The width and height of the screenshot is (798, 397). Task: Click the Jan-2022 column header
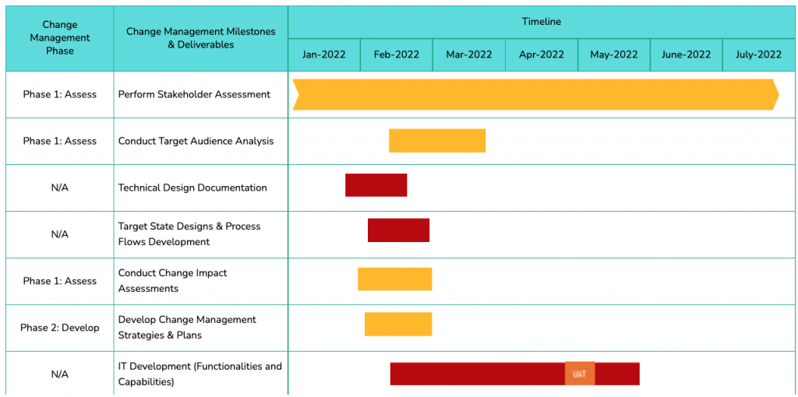[323, 54]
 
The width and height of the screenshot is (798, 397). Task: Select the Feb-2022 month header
[396, 54]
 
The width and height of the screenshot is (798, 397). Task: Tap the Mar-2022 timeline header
[468, 54]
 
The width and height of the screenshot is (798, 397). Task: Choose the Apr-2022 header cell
[541, 54]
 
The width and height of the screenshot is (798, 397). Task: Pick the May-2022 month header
[613, 54]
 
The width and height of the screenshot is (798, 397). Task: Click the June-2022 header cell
[686, 54]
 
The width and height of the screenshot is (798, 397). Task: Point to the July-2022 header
[758, 54]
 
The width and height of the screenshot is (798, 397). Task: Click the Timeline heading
[541, 22]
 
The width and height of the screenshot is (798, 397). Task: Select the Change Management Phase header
[60, 38]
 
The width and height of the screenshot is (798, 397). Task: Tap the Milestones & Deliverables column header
[200, 38]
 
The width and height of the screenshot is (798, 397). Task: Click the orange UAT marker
[579, 374]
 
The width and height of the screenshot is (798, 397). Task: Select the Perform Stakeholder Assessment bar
[535, 94]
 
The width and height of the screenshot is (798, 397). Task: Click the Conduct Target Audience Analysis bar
[436, 141]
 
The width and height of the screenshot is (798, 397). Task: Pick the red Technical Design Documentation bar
[376, 185]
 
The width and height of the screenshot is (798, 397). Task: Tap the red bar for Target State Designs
[398, 230]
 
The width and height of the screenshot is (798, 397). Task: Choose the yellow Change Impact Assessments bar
[394, 279]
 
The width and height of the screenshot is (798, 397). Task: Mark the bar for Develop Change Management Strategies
[397, 324]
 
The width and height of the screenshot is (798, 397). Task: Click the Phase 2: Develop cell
[60, 328]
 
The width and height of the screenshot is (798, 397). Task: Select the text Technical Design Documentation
[192, 188]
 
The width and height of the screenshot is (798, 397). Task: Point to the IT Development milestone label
[199, 374]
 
